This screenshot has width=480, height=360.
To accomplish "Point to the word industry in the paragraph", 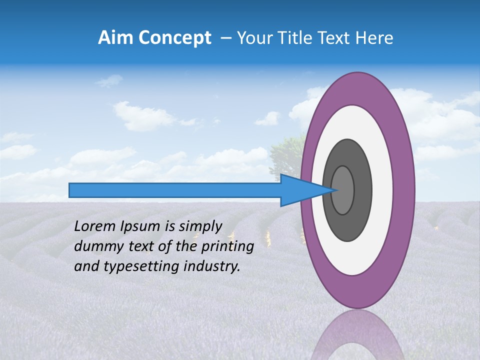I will pyautogui.click(x=209, y=266).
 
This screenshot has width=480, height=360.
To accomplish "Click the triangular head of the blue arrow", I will pyautogui.click(x=305, y=190).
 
